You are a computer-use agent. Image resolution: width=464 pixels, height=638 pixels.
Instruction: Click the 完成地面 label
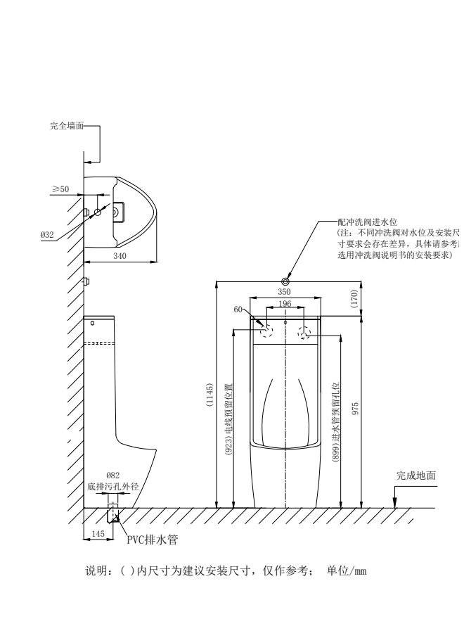(415, 476)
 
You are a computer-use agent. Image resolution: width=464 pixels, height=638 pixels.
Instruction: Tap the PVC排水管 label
(151, 540)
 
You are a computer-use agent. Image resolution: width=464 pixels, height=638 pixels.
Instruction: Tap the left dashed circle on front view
(266, 331)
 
